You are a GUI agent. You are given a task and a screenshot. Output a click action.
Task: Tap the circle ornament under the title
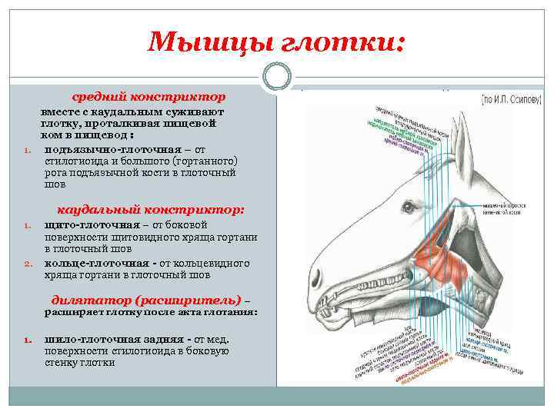(276, 76)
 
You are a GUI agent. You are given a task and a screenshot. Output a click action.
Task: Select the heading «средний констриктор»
(149, 98)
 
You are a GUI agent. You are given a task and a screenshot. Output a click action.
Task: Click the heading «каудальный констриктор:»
(151, 209)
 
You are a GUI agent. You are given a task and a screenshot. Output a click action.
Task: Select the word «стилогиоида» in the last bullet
(136, 351)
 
